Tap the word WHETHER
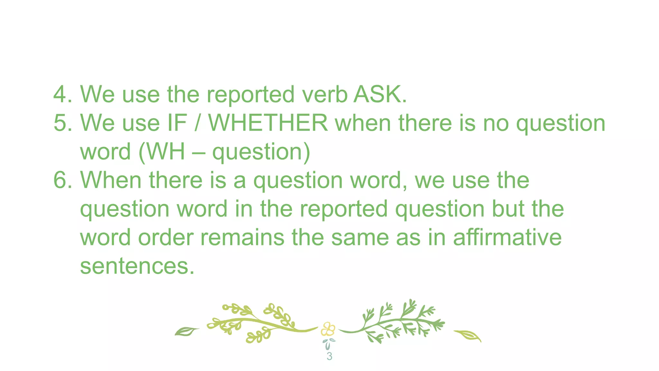coord(268,123)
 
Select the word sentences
coord(137,266)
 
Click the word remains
coord(242,237)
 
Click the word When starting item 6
coord(110,180)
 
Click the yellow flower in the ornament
coord(328,329)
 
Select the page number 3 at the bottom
coord(329,356)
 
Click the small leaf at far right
coord(469,336)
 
